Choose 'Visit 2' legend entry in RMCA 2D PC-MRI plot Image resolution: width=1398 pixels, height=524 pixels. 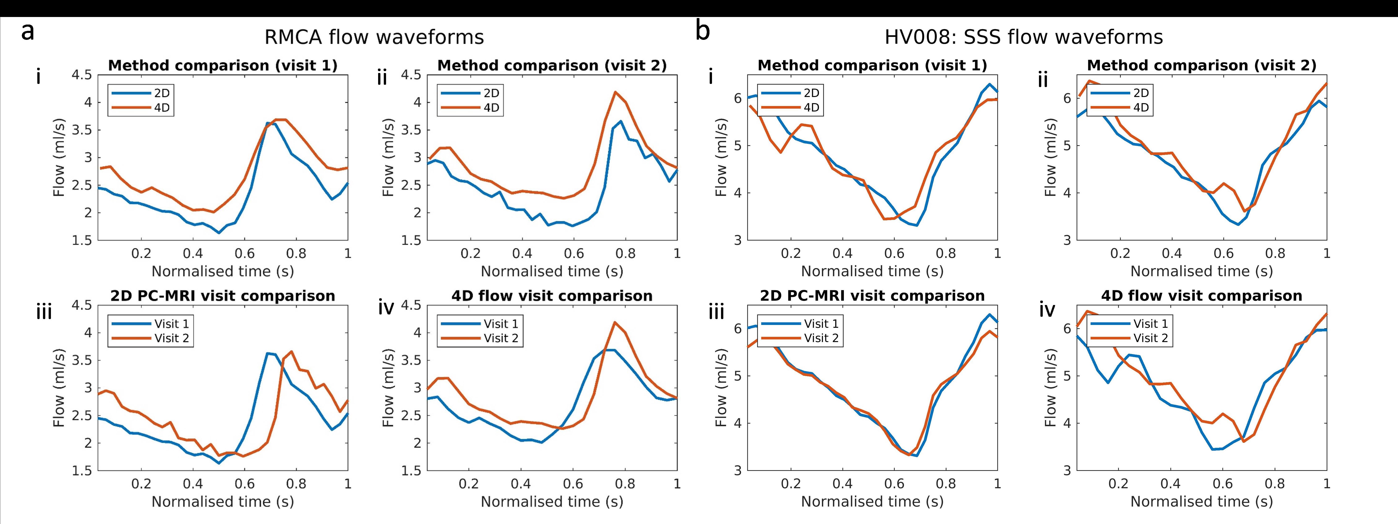click(x=171, y=338)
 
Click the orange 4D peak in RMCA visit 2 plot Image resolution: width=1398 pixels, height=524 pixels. click(x=615, y=92)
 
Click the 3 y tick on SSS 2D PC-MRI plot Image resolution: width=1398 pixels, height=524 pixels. click(x=738, y=470)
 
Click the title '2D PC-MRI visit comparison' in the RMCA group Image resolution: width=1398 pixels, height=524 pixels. click(x=223, y=296)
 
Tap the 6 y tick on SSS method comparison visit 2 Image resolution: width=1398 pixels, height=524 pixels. click(x=1067, y=98)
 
